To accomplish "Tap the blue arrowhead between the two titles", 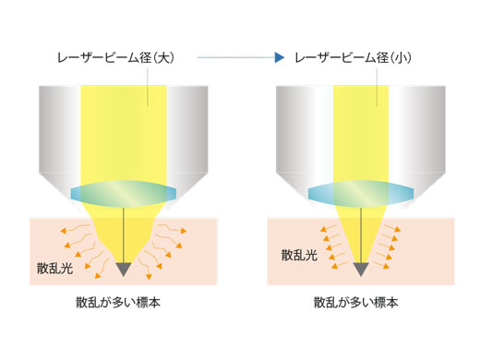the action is tap(278, 57).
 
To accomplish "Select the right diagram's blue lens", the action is tap(359, 193).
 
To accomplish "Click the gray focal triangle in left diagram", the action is tap(124, 269).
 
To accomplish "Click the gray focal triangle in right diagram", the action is tap(359, 269).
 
